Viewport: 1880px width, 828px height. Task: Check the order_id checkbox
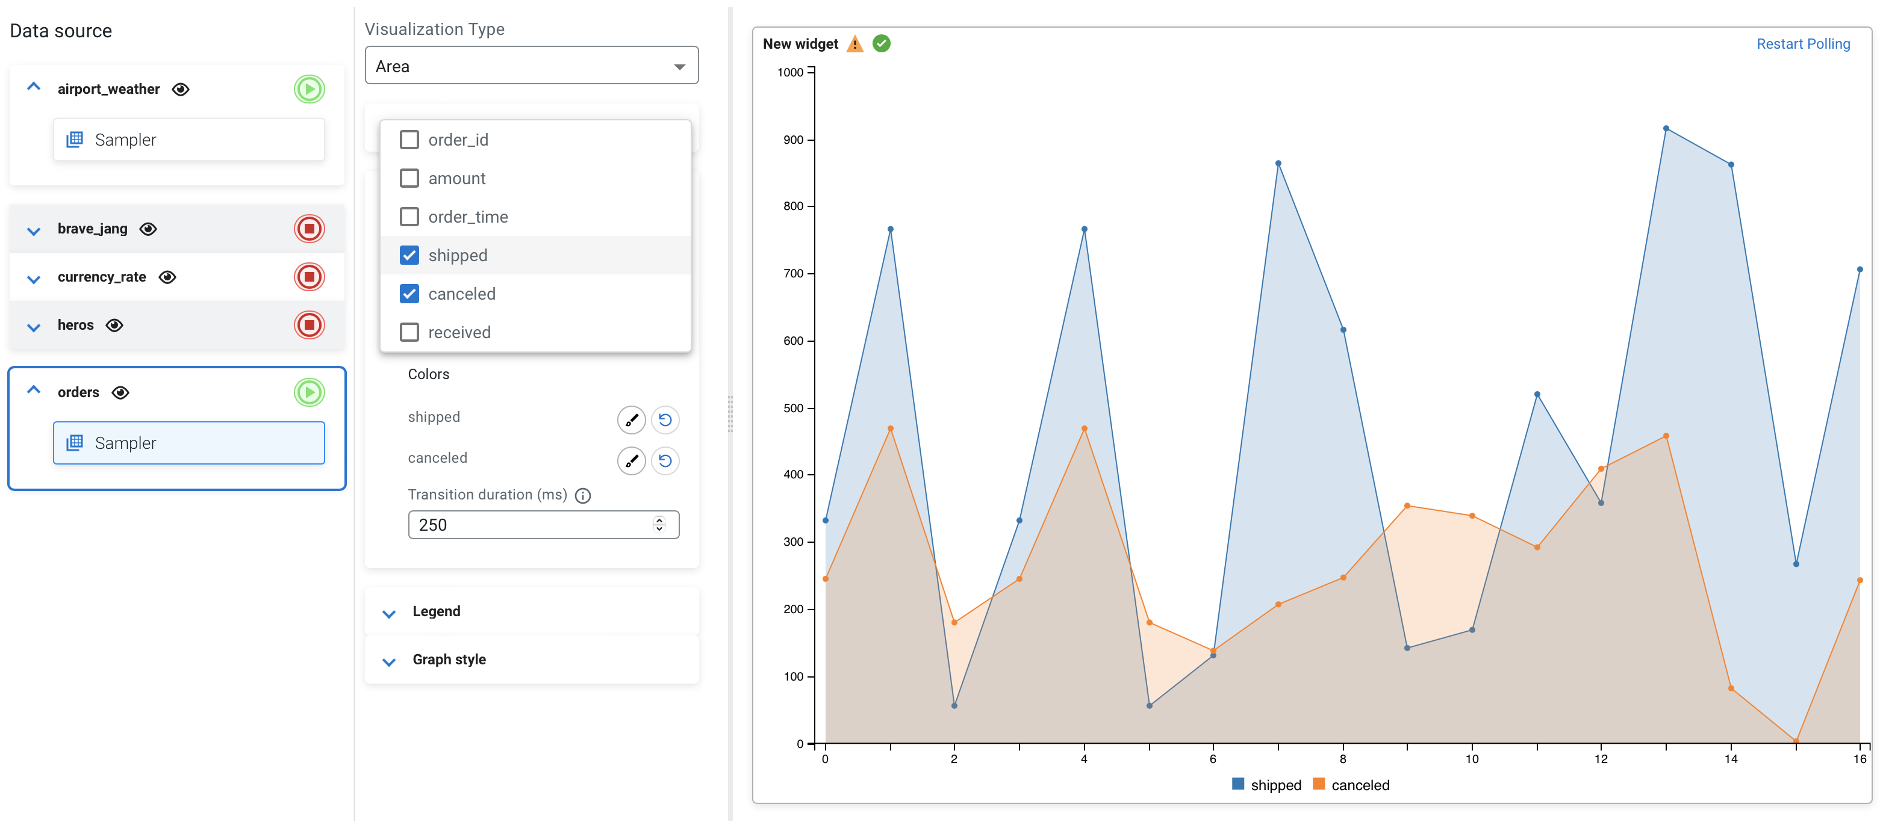click(409, 140)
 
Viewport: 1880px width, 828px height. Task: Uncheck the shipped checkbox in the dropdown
click(409, 255)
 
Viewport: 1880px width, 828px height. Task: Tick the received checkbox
click(409, 333)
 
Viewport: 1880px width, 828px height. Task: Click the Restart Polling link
click(1803, 44)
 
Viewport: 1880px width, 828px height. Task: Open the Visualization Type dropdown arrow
click(679, 66)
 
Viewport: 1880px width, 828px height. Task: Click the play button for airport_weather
click(310, 89)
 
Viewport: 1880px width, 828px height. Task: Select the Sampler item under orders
click(189, 443)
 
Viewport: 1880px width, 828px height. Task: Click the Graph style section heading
click(449, 660)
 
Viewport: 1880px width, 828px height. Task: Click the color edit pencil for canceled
click(631, 461)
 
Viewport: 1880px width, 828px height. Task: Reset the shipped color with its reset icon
click(665, 419)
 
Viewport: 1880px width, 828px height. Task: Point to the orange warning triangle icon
click(854, 45)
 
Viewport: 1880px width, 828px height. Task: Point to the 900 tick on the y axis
click(794, 140)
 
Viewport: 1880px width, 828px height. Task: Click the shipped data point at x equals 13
click(1666, 128)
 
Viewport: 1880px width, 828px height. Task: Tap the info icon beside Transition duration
click(582, 496)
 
